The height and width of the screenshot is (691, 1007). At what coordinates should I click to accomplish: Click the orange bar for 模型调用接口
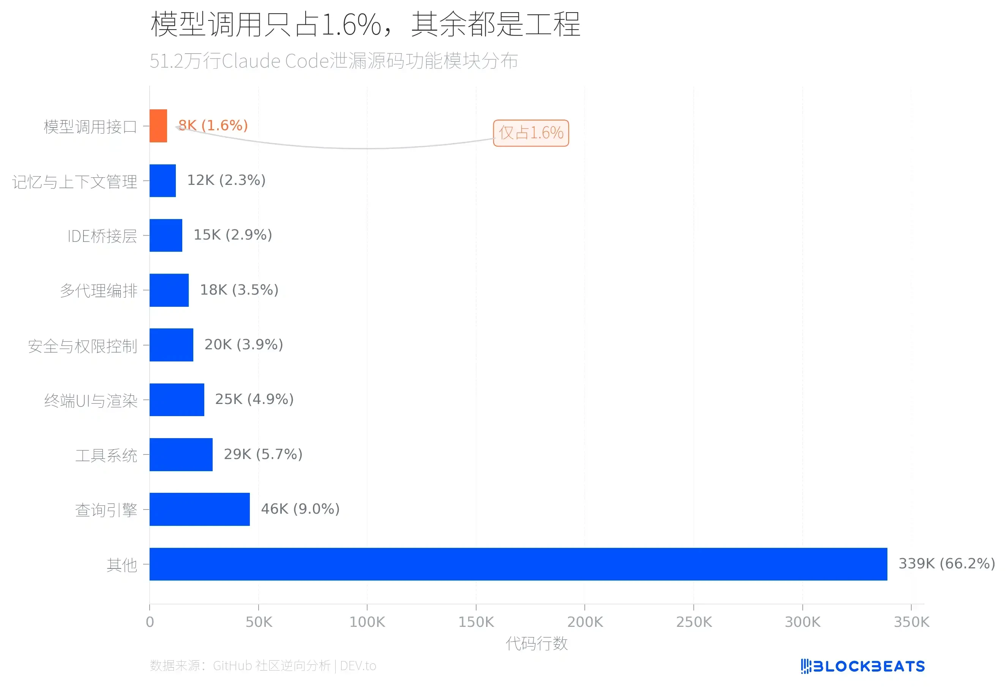(158, 126)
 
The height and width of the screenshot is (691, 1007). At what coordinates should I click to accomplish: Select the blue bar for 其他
(518, 564)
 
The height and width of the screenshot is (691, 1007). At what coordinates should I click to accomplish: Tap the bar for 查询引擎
(199, 509)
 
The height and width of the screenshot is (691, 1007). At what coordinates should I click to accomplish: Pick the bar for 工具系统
(181, 454)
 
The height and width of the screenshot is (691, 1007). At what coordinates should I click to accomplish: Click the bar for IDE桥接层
(166, 235)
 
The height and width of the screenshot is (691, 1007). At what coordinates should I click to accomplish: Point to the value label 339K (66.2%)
(946, 564)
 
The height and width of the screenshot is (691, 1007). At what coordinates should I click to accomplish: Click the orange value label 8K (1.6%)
(213, 125)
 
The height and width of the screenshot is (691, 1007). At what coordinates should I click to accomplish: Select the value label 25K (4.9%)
(254, 399)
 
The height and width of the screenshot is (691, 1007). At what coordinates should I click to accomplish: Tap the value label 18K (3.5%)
(239, 289)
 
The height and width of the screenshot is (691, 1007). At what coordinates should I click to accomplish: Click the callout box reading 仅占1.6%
(531, 133)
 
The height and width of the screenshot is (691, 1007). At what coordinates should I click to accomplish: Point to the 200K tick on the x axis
(585, 622)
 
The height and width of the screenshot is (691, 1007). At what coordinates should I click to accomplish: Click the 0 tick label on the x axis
(150, 622)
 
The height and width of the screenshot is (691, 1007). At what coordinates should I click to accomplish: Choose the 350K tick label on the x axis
(911, 622)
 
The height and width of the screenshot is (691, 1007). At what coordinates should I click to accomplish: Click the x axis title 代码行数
(537, 643)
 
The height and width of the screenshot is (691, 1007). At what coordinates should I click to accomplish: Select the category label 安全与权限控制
(82, 346)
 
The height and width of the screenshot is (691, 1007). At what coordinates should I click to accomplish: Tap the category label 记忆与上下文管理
(74, 181)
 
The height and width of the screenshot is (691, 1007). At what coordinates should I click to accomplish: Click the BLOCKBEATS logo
(863, 666)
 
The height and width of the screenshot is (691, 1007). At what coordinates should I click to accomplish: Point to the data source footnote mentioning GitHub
(263, 666)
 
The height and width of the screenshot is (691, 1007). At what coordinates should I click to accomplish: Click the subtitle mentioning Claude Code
(334, 61)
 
